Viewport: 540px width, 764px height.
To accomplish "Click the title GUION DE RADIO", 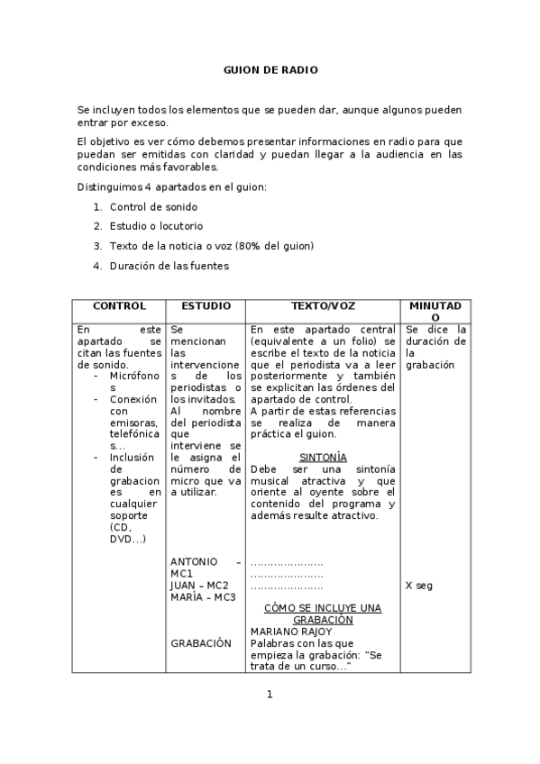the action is tap(270, 69).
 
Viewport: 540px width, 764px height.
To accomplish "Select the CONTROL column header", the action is tap(119, 306).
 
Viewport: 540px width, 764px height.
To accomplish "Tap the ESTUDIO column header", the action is tap(206, 306).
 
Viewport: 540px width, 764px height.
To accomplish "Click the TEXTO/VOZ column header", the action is tap(323, 306).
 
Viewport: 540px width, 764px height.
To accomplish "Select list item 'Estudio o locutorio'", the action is tap(156, 226).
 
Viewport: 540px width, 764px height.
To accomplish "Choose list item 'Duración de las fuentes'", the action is tap(169, 266).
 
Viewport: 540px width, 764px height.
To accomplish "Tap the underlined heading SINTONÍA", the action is tap(323, 458).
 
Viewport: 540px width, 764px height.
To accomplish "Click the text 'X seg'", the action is tap(419, 586).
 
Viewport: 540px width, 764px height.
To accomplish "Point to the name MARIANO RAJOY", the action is tap(291, 632).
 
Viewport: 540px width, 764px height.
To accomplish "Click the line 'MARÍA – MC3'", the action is tap(203, 597).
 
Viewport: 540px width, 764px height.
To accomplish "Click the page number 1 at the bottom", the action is tap(269, 694).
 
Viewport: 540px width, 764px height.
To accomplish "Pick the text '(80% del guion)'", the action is tap(273, 246).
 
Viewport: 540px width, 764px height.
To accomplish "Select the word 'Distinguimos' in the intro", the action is tap(109, 186).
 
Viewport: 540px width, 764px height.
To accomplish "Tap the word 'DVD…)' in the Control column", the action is tap(127, 539).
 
